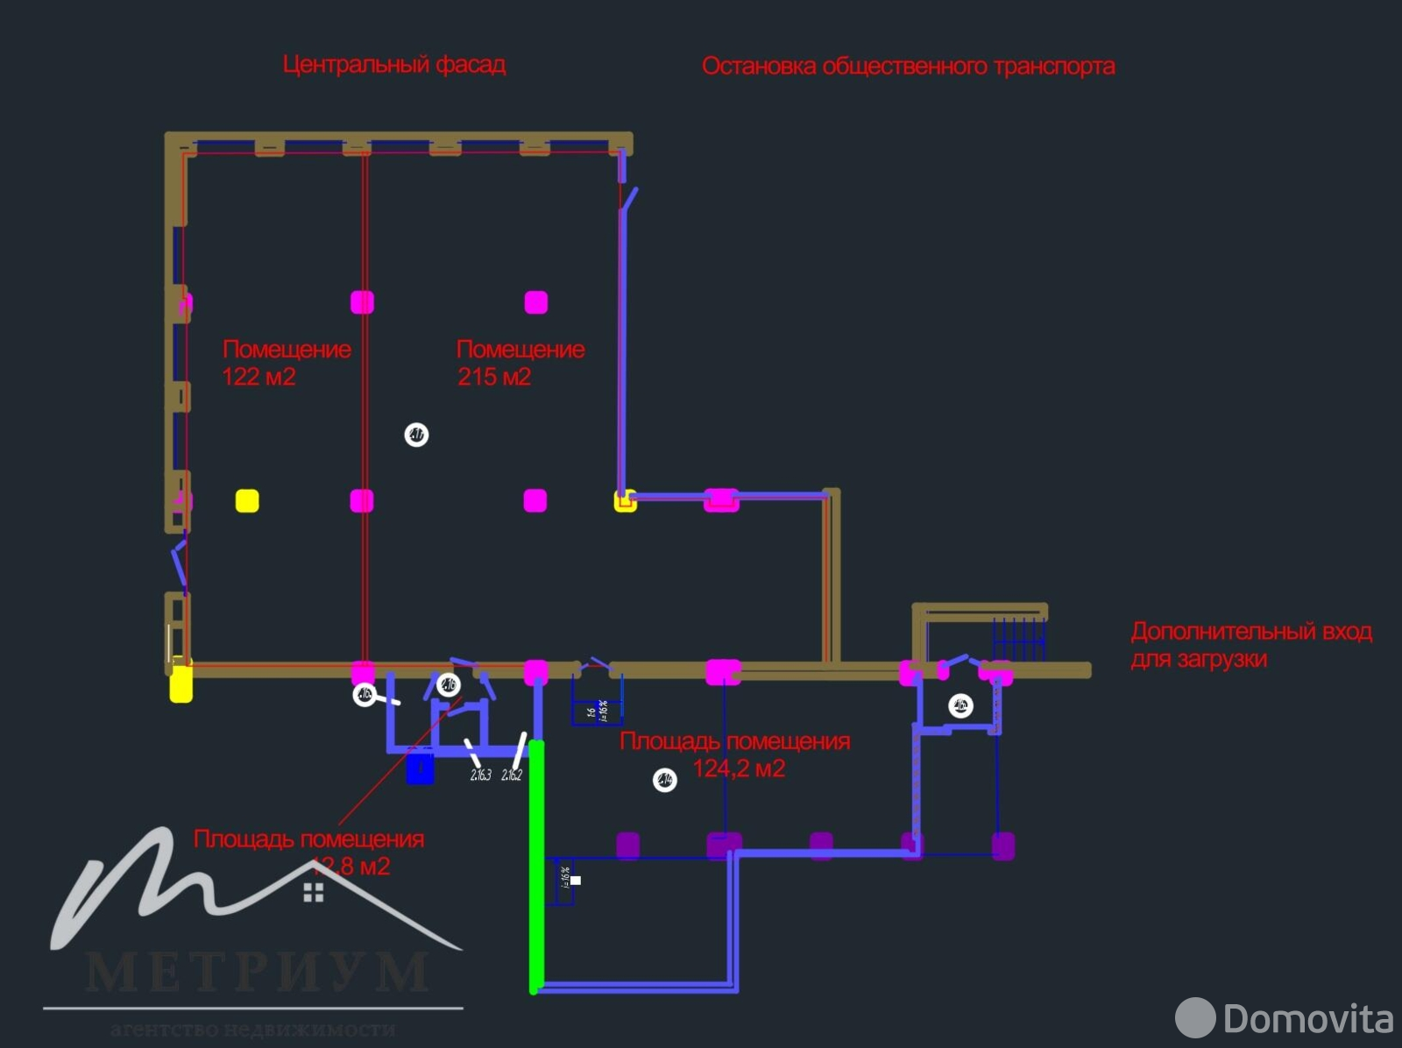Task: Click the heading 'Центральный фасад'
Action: click(393, 64)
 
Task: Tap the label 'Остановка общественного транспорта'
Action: click(908, 67)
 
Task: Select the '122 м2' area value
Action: click(258, 377)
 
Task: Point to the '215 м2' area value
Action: click(494, 377)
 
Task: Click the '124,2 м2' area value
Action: click(739, 768)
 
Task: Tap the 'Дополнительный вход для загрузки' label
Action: click(1250, 644)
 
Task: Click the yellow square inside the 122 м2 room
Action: click(247, 500)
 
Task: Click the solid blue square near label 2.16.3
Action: click(421, 768)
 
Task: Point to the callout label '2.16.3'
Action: click(481, 775)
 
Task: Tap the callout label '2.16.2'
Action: click(512, 775)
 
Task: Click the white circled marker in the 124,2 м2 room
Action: click(665, 779)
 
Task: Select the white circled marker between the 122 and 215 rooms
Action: click(416, 435)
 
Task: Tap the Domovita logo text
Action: click(1306, 1018)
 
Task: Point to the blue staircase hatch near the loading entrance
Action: click(1018, 638)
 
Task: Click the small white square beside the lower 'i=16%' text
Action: click(576, 880)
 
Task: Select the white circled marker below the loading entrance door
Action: click(960, 705)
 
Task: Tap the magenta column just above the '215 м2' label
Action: click(536, 302)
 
